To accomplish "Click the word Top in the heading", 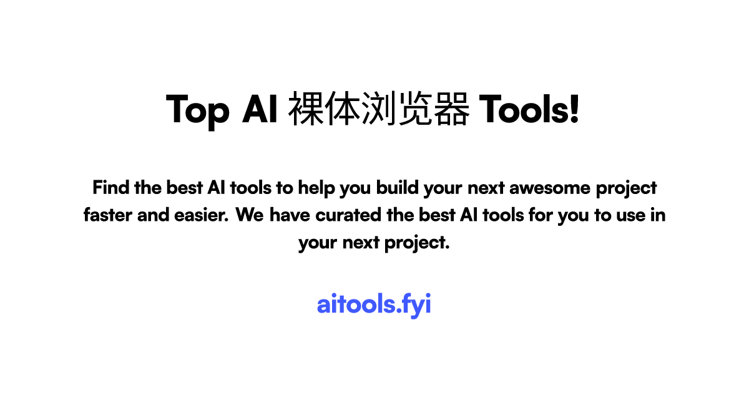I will (198, 110).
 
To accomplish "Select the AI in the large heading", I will (260, 110).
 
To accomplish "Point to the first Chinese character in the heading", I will (307, 110).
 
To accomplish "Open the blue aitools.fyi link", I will (374, 305).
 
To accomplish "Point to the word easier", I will (201, 215).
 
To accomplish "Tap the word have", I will (290, 215).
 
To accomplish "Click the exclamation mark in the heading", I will (575, 110).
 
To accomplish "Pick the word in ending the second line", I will (658, 215).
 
